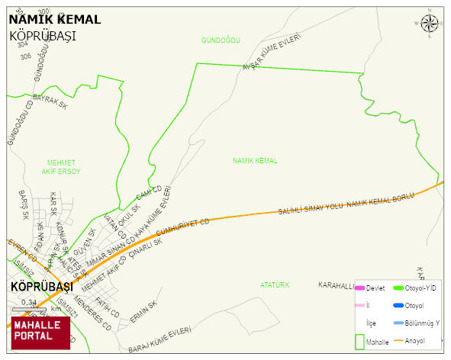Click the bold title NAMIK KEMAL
pos(54,19)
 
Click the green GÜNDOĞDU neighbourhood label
pos(221,40)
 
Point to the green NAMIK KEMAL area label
pos(255,161)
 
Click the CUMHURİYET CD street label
pos(182,228)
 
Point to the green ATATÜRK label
pos(275,284)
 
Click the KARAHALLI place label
pos(337,285)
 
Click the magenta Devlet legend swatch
pos(359,288)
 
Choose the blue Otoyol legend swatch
pos(398,306)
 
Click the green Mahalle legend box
pos(359,342)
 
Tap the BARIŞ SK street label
pos(24,205)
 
